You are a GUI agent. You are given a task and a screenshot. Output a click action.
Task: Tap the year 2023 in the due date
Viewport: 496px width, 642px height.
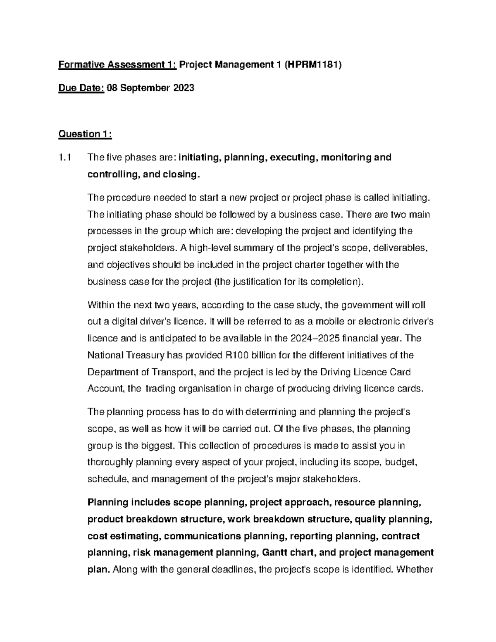click(x=182, y=88)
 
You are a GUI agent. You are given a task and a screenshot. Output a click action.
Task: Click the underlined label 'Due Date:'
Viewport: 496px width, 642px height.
click(x=81, y=88)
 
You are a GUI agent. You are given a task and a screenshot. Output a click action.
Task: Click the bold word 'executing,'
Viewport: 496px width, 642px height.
click(x=293, y=158)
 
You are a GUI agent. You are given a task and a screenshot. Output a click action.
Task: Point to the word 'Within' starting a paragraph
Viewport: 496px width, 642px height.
click(x=100, y=305)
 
